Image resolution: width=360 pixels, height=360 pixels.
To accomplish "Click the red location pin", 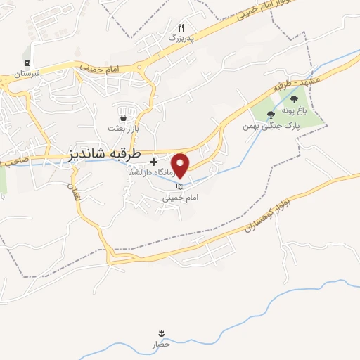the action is point(181,165).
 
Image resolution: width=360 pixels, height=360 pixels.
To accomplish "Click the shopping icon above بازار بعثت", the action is point(124,117).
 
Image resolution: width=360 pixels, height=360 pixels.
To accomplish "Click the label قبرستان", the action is point(25,73).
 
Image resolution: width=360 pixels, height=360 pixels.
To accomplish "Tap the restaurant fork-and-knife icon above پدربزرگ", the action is point(180,28).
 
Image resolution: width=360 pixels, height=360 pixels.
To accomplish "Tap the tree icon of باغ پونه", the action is point(294,100).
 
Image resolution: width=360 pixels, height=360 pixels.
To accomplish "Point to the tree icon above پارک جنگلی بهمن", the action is point(271,115).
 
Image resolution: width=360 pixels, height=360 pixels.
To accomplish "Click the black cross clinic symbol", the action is point(153,162).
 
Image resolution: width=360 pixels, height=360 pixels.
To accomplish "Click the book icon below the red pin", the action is point(181,186).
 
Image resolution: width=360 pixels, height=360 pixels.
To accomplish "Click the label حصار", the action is point(162,345).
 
